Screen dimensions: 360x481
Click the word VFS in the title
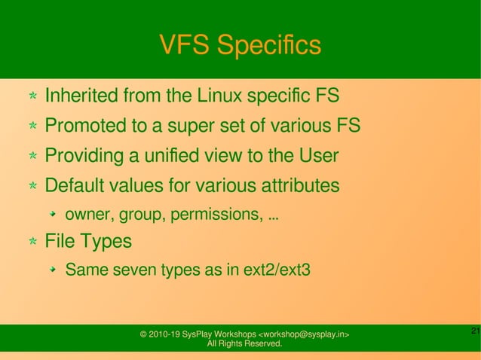click(182, 46)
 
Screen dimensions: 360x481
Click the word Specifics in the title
click(269, 46)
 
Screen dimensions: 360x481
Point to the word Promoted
click(84, 126)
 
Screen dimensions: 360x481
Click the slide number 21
click(474, 331)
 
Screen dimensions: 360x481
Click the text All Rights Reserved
click(244, 344)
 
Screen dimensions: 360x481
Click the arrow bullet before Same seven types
click(54, 269)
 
